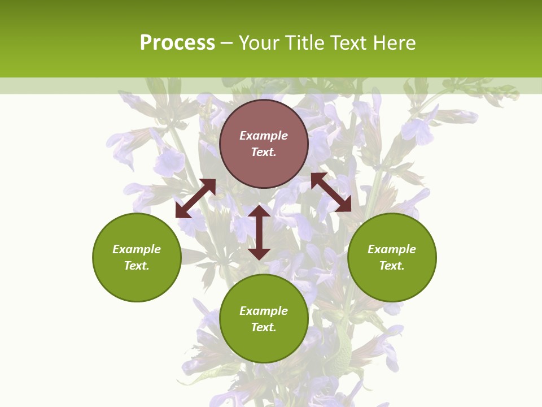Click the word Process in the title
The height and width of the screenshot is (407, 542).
coord(177,43)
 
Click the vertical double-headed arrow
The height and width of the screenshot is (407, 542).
coord(259,232)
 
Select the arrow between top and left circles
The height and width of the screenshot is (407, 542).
coord(195,198)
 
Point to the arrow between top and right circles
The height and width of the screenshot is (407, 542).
coord(331,193)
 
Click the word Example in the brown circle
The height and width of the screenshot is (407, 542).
coord(264,136)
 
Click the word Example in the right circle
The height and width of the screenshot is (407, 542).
coord(392,249)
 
